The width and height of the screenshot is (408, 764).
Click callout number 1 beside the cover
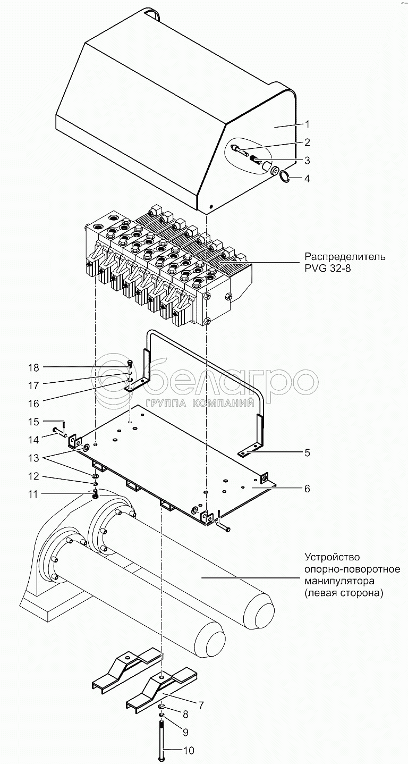pyautogui.click(x=307, y=124)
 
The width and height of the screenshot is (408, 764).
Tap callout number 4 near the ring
pyautogui.click(x=307, y=179)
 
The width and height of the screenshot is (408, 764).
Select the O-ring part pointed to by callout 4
pyautogui.click(x=284, y=177)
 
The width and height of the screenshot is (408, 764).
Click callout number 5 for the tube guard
pyautogui.click(x=307, y=453)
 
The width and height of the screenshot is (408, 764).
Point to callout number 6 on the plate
pyautogui.click(x=307, y=488)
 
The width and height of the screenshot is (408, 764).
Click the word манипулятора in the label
pyautogui.click(x=339, y=581)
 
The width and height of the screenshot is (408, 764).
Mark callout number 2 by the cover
pyautogui.click(x=307, y=142)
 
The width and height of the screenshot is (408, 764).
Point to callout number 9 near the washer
pyautogui.click(x=185, y=732)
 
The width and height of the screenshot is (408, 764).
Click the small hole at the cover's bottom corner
pyautogui.click(x=211, y=207)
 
